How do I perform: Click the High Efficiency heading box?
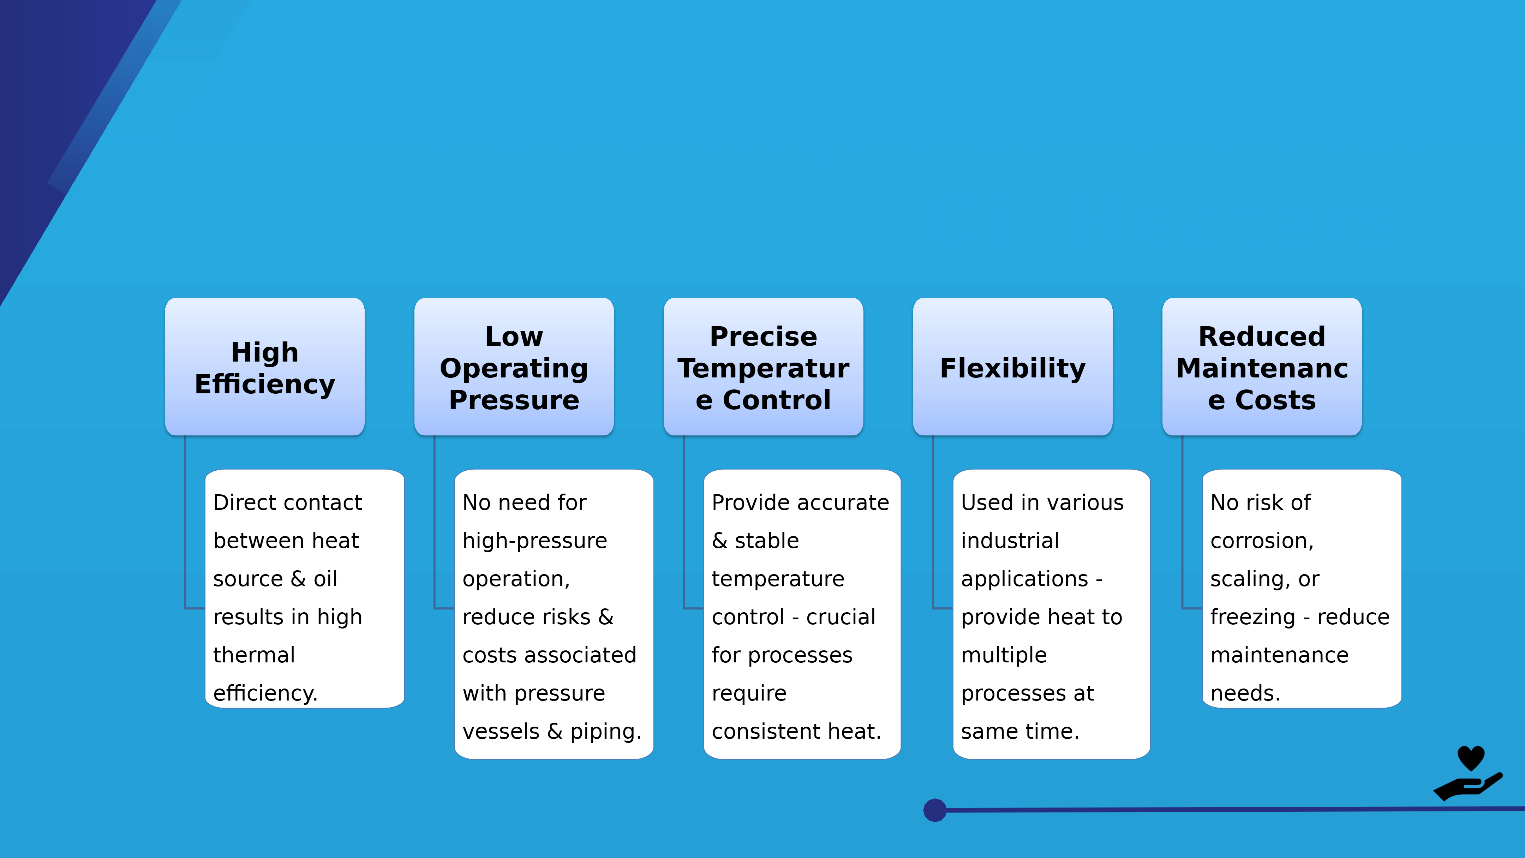(x=265, y=367)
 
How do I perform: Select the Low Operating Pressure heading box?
(x=514, y=367)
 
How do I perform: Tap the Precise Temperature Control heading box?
(x=763, y=367)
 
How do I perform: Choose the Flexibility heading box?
(x=1012, y=368)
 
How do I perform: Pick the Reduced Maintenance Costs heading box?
(x=1262, y=367)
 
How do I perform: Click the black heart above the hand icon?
(x=1471, y=757)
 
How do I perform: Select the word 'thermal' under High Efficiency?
(x=254, y=655)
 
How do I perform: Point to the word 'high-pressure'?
(x=534, y=541)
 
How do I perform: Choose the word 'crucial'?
(x=841, y=617)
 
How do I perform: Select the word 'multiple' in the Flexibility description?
(x=1004, y=655)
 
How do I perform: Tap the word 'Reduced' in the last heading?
(x=1262, y=336)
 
